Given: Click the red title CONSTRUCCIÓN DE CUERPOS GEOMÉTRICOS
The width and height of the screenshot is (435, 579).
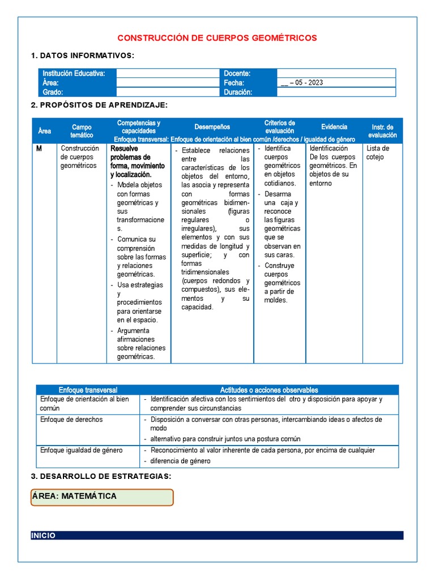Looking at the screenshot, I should coord(217,38).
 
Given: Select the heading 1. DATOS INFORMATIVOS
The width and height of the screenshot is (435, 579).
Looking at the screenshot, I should coord(83,55).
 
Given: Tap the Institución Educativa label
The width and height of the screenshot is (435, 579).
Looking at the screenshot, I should coord(74,74).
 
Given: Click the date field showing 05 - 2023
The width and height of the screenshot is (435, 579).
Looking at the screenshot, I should coord(302,83).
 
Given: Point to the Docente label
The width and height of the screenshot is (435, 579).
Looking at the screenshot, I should coord(237,74).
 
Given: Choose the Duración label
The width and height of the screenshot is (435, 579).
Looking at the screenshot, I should coord(238,92).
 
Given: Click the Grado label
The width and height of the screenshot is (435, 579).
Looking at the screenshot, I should coord(53,92).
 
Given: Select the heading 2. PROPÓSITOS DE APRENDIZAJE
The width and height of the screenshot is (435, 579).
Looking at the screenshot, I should coord(99,105).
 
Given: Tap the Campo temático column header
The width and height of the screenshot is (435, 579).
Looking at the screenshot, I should coord(82,131).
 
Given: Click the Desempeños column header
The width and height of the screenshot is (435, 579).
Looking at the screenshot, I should coord(212,127).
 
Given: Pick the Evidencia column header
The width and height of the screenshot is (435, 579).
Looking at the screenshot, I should coord(334,127).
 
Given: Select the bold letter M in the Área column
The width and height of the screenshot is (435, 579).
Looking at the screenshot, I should coord(39,149).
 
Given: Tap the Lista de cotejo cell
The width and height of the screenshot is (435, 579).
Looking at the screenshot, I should coord(375,153).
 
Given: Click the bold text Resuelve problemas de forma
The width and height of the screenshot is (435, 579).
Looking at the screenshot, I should coord(138,161).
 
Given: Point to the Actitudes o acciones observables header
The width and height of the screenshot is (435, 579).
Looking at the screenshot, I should coord(269,390).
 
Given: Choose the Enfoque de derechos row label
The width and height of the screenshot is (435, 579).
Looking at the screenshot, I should coord(71,420).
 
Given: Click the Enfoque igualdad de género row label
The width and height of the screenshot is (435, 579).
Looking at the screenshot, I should coord(82,450).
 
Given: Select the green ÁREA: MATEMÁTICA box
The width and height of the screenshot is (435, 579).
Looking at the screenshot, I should coord(102,496).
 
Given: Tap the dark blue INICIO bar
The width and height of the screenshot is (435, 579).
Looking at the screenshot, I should coord(217,535).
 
